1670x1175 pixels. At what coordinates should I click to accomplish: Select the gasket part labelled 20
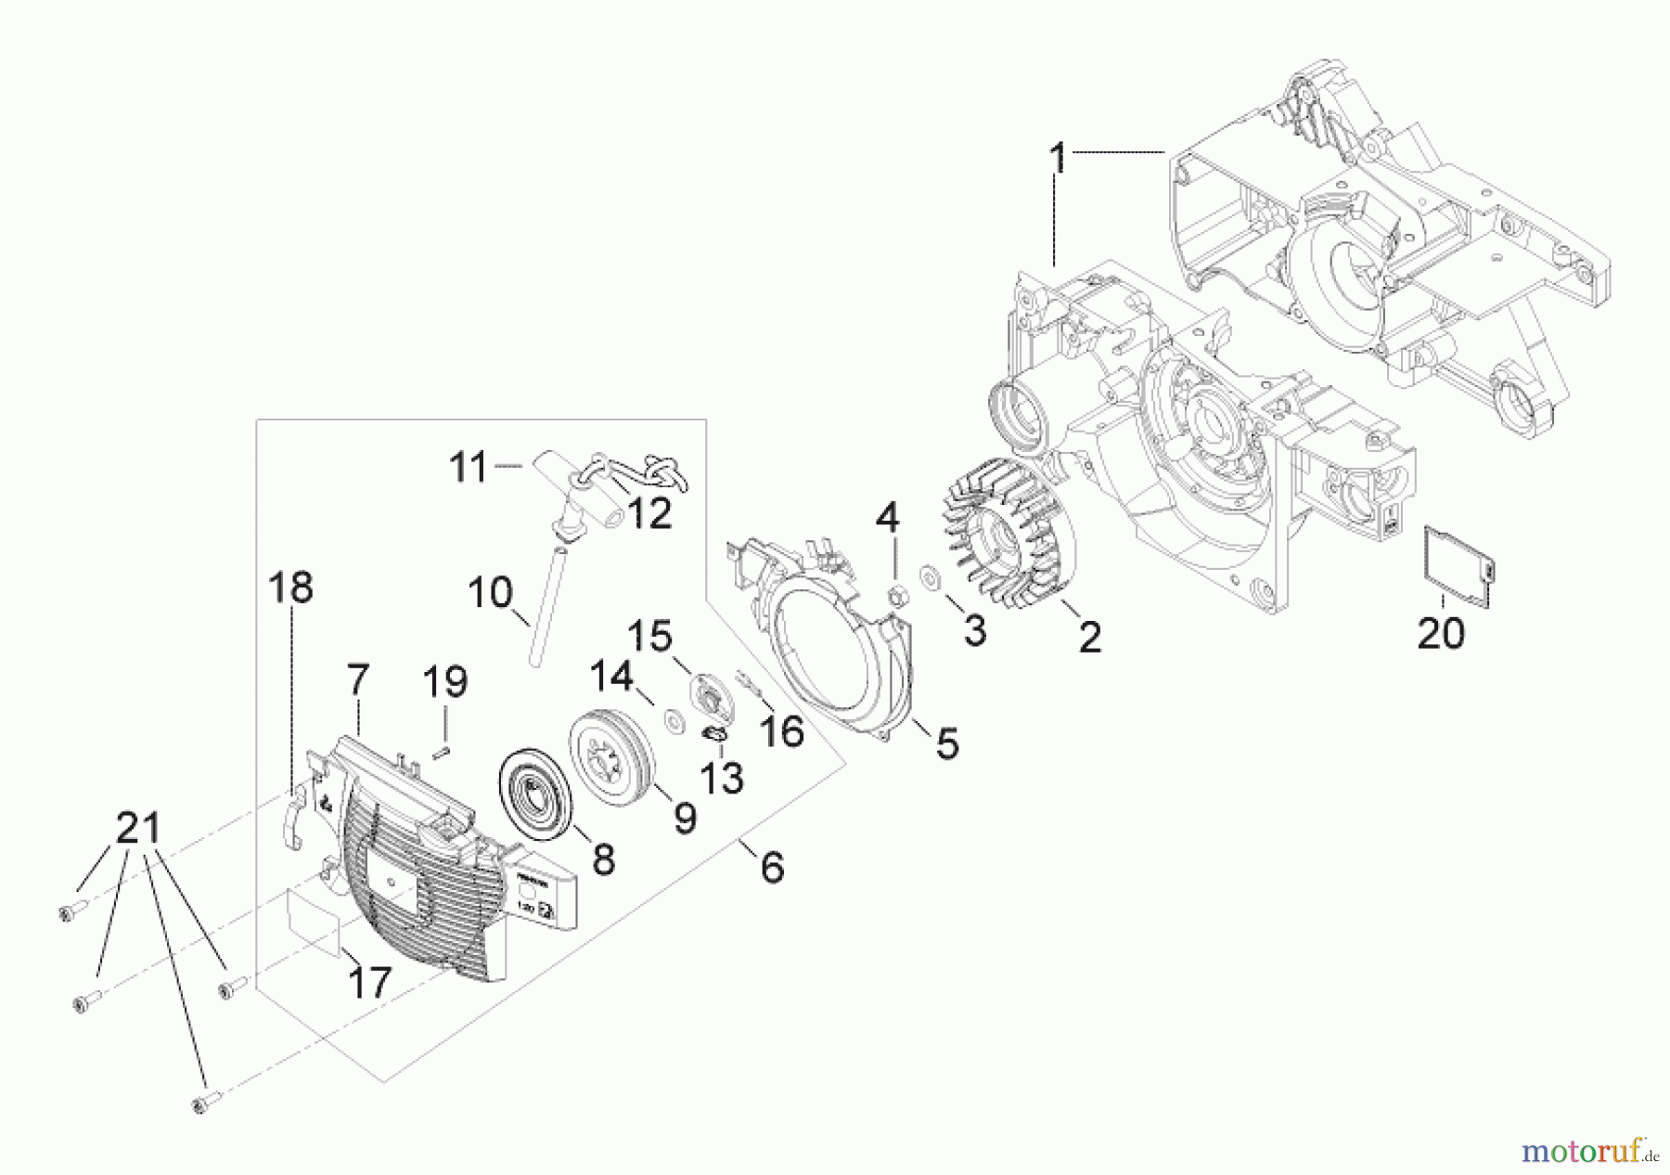tap(1458, 565)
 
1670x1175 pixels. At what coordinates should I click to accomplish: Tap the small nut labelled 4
tap(897, 592)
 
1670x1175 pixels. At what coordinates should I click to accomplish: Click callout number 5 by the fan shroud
tap(946, 742)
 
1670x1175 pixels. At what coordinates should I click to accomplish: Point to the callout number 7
tap(358, 681)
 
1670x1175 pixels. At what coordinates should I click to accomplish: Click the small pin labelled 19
tap(444, 750)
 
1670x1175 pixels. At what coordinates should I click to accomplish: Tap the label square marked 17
tap(315, 919)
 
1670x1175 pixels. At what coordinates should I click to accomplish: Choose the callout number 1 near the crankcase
tap(1057, 159)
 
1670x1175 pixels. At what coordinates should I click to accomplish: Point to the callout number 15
tap(649, 637)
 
